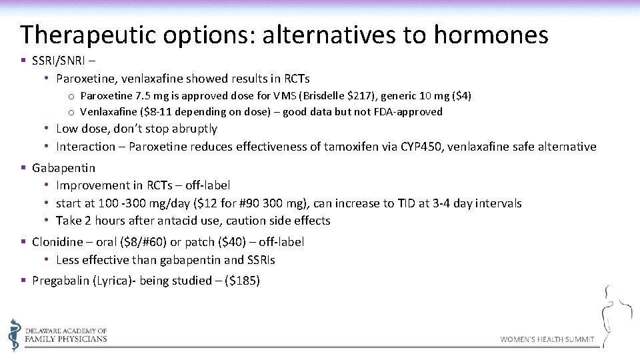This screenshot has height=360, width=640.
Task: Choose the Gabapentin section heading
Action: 63,168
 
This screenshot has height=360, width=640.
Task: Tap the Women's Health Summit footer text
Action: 547,339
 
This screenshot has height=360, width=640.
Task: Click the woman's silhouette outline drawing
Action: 617,313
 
